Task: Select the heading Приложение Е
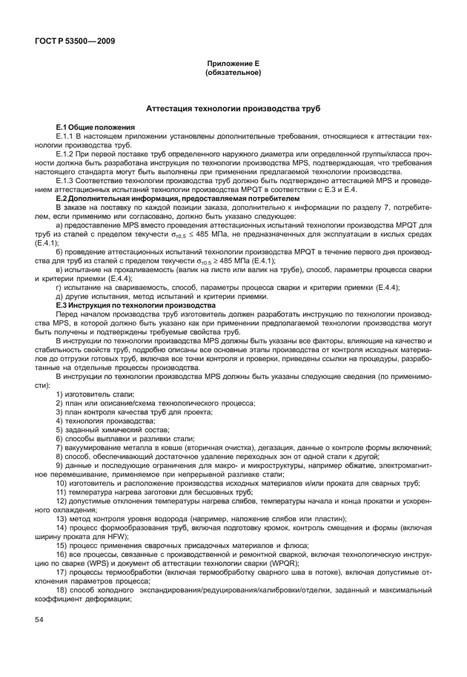tap(233, 65)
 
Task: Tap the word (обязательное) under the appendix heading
tap(233, 74)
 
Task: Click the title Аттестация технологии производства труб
tap(233, 108)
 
